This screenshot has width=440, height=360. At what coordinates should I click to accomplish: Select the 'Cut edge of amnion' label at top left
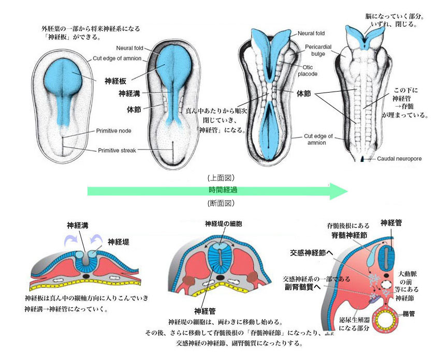117,58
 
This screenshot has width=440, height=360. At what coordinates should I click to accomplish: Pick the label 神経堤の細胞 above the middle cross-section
223,224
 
